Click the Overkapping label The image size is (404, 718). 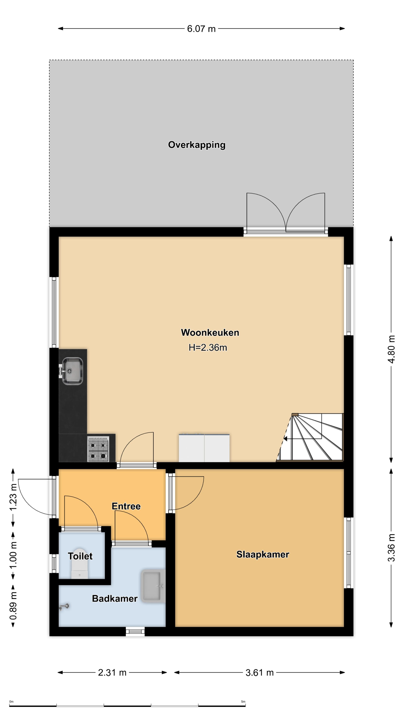click(197, 145)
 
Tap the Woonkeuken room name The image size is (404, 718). click(210, 332)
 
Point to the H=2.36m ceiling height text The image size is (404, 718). click(208, 348)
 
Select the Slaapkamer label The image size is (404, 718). click(263, 554)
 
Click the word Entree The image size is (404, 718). click(126, 506)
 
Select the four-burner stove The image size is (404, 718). click(98, 449)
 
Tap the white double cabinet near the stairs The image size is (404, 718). click(204, 448)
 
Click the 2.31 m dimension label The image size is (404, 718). click(112, 673)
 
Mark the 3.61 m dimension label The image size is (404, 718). click(260, 673)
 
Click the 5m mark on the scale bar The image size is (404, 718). click(243, 702)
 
